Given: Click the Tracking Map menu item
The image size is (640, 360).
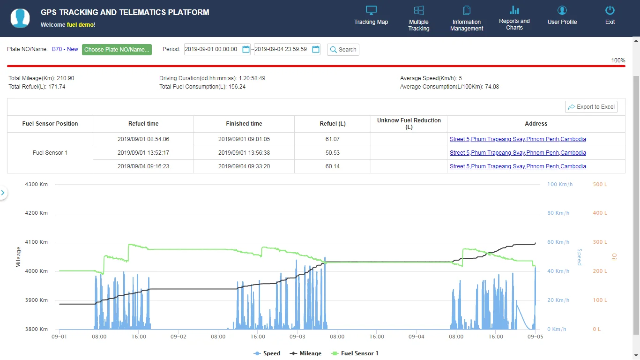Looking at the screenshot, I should pyautogui.click(x=371, y=15).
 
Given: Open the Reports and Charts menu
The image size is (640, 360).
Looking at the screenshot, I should pyautogui.click(x=514, y=18).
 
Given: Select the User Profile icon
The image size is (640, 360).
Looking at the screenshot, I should pyautogui.click(x=562, y=11).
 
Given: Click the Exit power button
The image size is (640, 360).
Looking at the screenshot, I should pyautogui.click(x=610, y=11).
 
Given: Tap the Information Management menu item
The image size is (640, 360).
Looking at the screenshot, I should pyautogui.click(x=467, y=19).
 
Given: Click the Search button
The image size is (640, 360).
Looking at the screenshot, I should pyautogui.click(x=343, y=50).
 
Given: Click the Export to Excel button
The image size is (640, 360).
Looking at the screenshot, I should pyautogui.click(x=591, y=107).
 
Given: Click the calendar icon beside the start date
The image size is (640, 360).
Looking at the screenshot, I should pyautogui.click(x=246, y=49).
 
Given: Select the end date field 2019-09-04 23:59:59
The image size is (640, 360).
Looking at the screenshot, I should pyautogui.click(x=281, y=49).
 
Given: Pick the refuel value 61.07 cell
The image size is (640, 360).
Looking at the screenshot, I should pyautogui.click(x=333, y=139).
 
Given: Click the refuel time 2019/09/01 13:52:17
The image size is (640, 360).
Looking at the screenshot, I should pyautogui.click(x=143, y=153).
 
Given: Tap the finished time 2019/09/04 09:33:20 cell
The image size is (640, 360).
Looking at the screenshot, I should pyautogui.click(x=244, y=166).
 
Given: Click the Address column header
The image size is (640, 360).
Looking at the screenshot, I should pyautogui.click(x=536, y=124).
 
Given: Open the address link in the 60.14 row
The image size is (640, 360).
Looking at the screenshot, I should pyautogui.click(x=518, y=166).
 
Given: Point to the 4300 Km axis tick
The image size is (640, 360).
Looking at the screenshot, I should pyautogui.click(x=37, y=184).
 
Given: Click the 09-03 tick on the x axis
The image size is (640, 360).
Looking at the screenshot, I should pyautogui.click(x=298, y=337).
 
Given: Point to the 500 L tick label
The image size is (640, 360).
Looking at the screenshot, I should pyautogui.click(x=600, y=184).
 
